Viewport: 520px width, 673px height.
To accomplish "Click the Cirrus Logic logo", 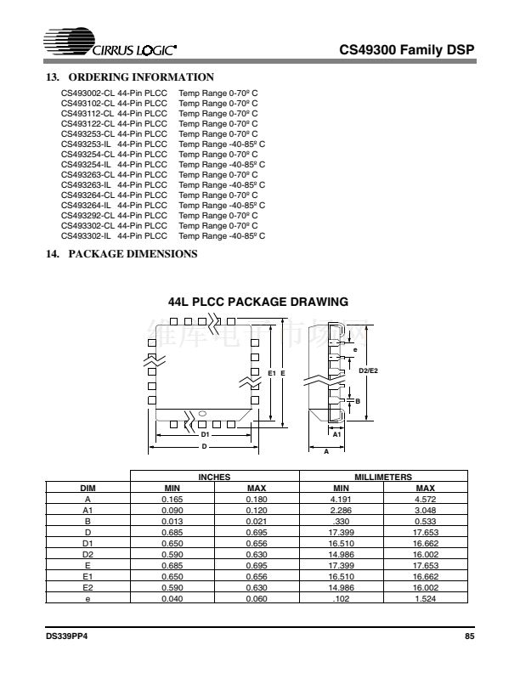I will (x=111, y=48).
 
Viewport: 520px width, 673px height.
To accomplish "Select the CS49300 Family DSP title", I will (x=407, y=49).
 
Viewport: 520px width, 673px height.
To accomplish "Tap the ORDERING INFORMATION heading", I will (x=122, y=77).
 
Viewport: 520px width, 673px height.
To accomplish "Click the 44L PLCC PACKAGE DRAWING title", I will (x=259, y=302).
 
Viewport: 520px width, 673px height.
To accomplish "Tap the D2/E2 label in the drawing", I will (x=369, y=370).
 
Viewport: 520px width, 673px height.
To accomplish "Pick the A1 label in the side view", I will (x=336, y=433).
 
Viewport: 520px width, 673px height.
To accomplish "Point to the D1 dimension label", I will (x=204, y=433).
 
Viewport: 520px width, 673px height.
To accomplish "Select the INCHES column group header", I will (x=214, y=478).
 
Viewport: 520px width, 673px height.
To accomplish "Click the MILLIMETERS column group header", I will (x=383, y=478).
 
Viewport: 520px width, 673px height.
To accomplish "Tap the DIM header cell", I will (x=88, y=488).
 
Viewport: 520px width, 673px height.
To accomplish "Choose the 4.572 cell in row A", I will (x=426, y=500).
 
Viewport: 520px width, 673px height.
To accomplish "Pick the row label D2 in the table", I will (x=88, y=552).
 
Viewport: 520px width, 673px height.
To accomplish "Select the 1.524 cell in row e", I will (x=426, y=597).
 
